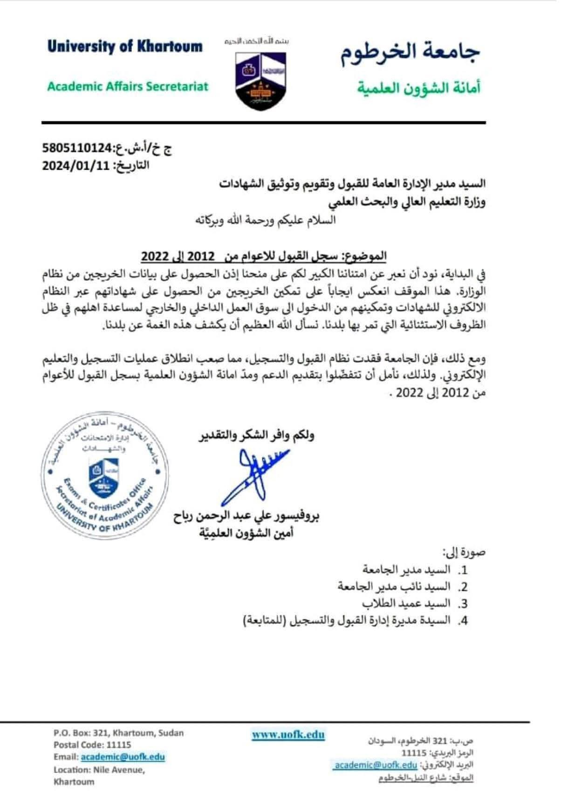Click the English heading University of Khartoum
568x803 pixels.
(125, 47)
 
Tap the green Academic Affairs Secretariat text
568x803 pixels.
(128, 86)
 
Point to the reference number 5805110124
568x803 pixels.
(77, 149)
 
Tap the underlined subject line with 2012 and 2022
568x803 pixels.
(264, 256)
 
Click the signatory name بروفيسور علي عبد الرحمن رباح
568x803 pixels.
(246, 516)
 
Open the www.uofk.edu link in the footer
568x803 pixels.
(288, 735)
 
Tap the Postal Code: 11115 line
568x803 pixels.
(92, 745)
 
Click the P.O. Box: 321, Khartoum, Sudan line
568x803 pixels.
(118, 733)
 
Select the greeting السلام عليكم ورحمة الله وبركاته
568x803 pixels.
(264, 221)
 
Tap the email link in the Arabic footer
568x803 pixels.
(375, 765)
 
